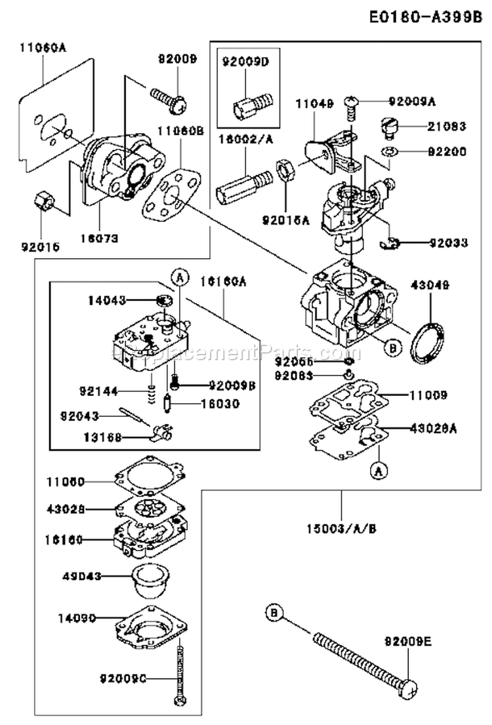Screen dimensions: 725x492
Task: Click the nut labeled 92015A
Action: tap(286, 171)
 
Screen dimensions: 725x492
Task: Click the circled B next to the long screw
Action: tap(274, 614)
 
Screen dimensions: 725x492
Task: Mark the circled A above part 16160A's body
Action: tap(176, 278)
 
